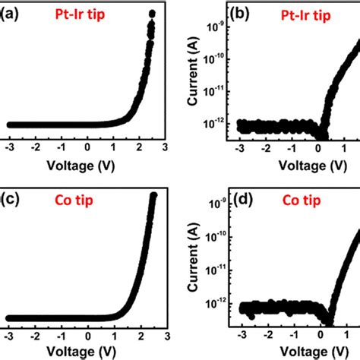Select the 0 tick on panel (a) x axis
(87, 146)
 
